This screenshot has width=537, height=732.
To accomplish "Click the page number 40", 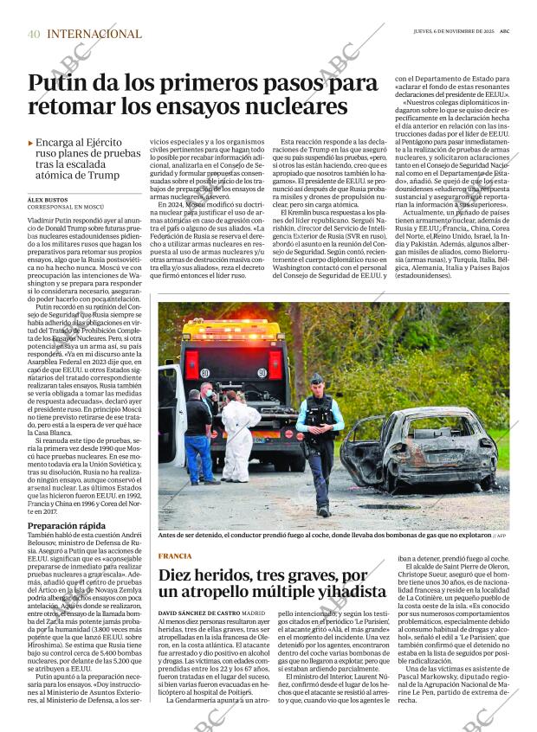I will [34, 34].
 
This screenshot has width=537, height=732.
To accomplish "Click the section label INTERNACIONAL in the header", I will [94, 34].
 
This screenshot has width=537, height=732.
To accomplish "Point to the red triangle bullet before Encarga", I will [31, 143].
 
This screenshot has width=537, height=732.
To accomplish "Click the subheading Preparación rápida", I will [66, 525].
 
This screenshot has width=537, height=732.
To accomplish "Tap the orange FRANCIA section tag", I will [175, 555].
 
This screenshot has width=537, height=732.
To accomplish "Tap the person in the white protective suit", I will [237, 433].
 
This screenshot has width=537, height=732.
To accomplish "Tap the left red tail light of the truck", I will [191, 363].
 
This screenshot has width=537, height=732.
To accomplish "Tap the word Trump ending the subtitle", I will [102, 176].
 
